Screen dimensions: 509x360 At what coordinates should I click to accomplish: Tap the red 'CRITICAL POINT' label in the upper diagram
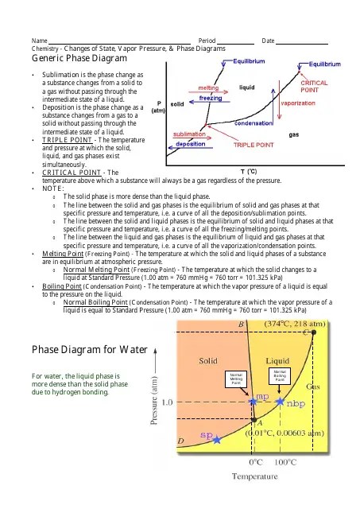pyautogui.click(x=315, y=87)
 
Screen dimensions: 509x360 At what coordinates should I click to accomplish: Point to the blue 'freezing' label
pyautogui.click(x=210, y=98)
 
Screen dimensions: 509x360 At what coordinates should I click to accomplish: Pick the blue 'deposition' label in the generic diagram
pyautogui.click(x=191, y=144)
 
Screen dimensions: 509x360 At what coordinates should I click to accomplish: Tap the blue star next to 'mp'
pyautogui.click(x=253, y=403)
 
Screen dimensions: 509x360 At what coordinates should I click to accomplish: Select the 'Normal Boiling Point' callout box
pyautogui.click(x=280, y=375)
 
